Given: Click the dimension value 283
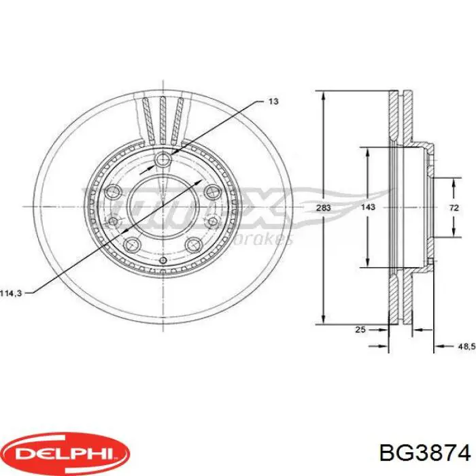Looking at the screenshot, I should (324, 208).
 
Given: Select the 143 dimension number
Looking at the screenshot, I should (367, 208).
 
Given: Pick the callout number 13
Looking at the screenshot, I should (273, 101).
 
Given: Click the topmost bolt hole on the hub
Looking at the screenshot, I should (163, 160).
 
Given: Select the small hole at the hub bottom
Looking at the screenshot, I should (163, 260).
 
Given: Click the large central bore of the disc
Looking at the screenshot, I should (163, 207).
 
